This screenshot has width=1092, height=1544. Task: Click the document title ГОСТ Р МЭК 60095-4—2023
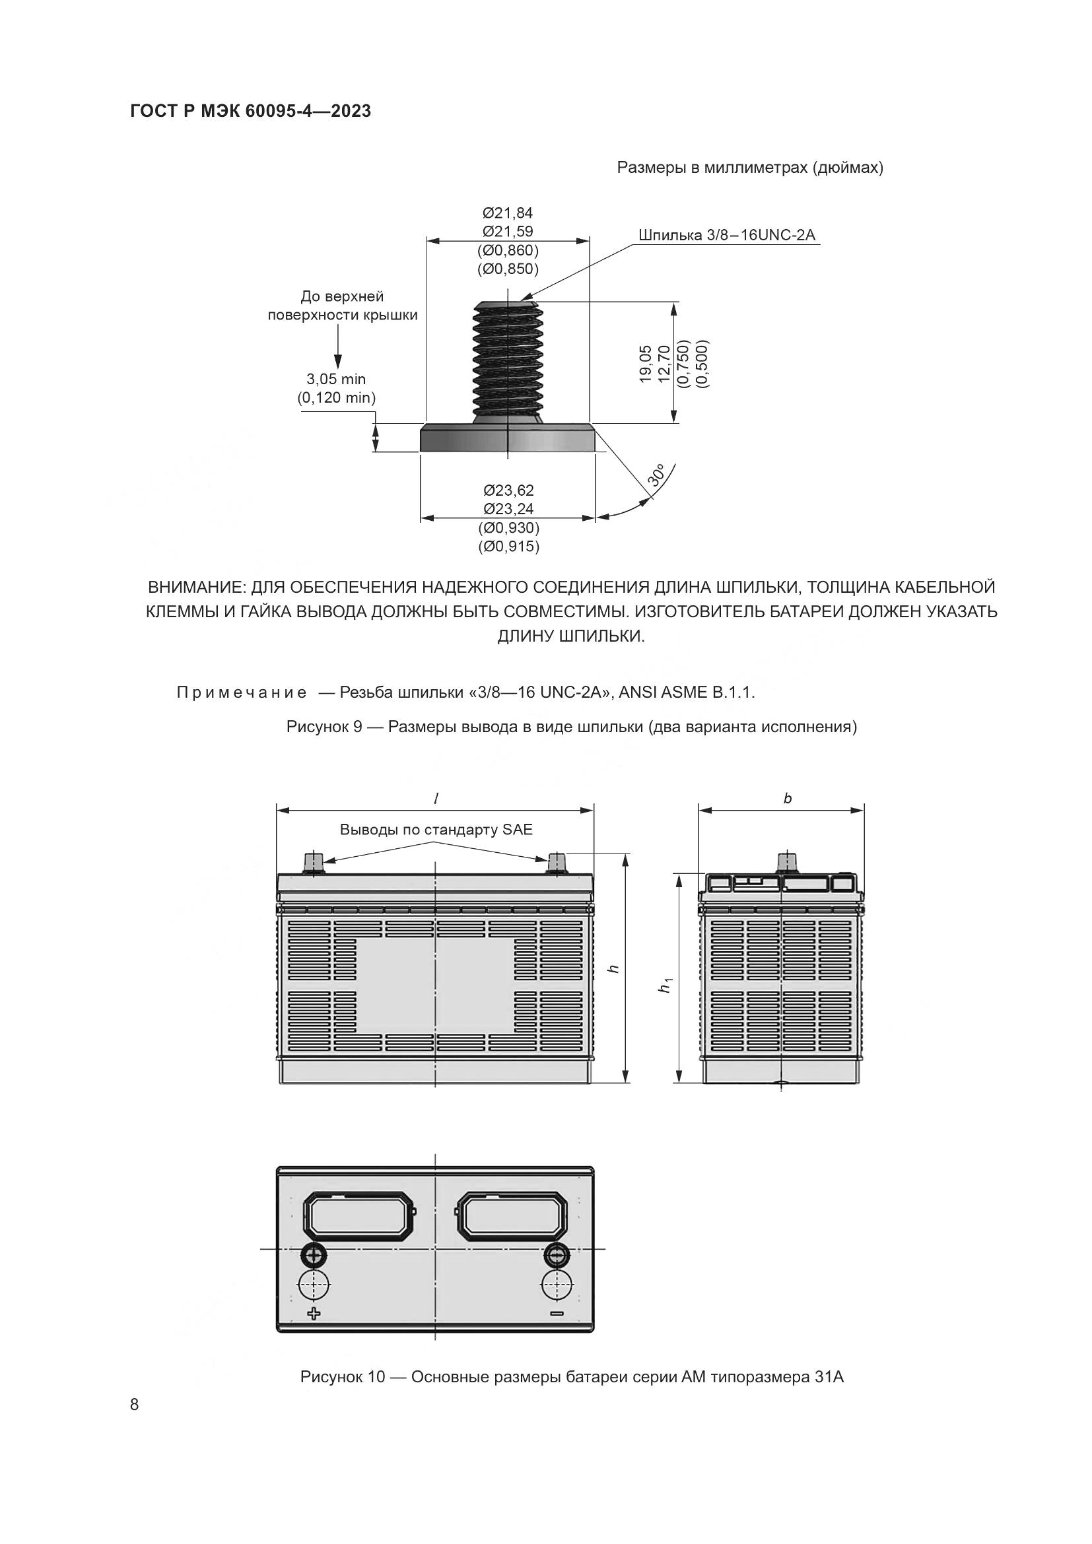pos(250,111)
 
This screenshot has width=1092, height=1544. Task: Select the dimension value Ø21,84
pos(508,213)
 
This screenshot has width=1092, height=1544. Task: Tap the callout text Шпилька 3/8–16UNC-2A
pos(726,235)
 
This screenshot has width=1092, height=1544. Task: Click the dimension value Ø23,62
pos(508,490)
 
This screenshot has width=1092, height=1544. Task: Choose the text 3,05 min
pos(336,380)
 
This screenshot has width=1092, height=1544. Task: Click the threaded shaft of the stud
pos(508,360)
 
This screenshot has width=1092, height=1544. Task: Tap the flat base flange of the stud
pos(508,438)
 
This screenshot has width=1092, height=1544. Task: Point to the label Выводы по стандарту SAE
pos(436,829)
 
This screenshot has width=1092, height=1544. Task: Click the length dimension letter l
pos(436,798)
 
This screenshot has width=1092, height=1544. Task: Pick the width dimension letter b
pos(788,798)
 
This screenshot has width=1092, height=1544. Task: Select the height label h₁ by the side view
pos(665,986)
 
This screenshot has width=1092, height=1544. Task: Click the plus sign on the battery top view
pos(314,1314)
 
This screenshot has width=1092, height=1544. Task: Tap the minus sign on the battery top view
pos(556,1314)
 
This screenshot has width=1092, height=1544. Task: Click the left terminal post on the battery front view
pos(314,862)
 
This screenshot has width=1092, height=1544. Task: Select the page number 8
pos(135,1404)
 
